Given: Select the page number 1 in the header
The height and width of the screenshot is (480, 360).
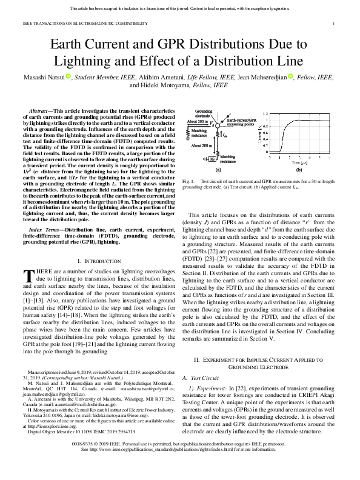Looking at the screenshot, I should tap(334, 23).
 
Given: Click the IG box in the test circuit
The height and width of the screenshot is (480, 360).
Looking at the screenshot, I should tap(212, 159).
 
